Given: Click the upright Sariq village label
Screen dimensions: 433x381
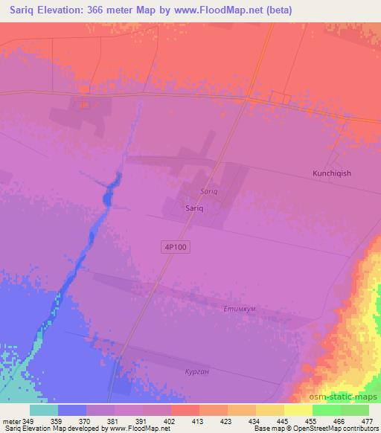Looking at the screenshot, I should coord(194,209).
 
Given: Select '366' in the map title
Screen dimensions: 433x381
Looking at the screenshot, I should coord(94,10).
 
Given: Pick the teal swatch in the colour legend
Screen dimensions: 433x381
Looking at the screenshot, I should coord(44,409).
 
